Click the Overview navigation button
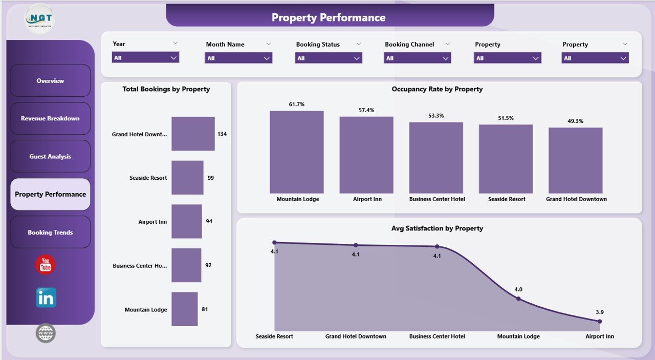point(50,81)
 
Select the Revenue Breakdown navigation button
point(50,118)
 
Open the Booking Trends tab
point(50,232)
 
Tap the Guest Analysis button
point(50,157)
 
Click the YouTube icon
point(46,265)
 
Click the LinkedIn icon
point(46,298)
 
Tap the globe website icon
point(46,333)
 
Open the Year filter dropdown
point(145,58)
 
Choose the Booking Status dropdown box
point(329,58)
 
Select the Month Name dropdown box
point(238,58)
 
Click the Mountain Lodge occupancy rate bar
point(297,152)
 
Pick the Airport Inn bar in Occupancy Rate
point(366,155)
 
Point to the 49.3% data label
point(575,121)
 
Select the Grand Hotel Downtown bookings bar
point(193,134)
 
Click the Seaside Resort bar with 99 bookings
point(187,178)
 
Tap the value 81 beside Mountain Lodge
point(205,309)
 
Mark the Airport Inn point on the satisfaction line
point(600,322)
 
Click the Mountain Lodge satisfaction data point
point(518,299)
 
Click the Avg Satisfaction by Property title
point(437,228)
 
